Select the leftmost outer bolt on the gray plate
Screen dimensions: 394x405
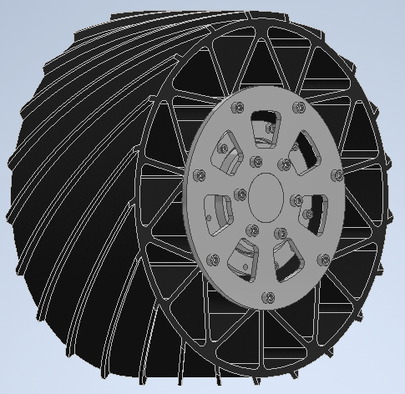click(200, 174)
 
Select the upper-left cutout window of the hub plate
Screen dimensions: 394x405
click(230, 150)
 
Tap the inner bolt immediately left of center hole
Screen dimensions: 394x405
click(240, 194)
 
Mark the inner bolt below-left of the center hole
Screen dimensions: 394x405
click(248, 231)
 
